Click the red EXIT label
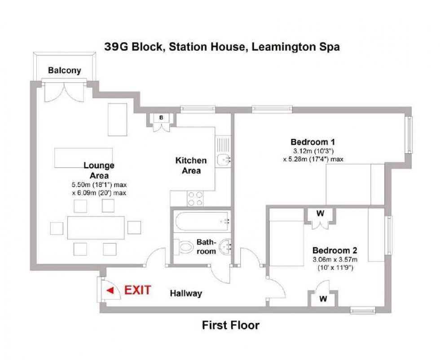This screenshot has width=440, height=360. [138, 290]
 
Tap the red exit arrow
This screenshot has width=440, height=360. [110, 290]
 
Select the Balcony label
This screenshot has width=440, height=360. [65, 70]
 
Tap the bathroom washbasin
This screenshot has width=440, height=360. [224, 246]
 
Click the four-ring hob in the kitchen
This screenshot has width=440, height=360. [195, 198]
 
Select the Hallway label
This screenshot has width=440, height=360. [186, 293]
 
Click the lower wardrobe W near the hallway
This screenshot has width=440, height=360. [322, 298]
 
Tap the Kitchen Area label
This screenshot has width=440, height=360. [191, 165]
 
